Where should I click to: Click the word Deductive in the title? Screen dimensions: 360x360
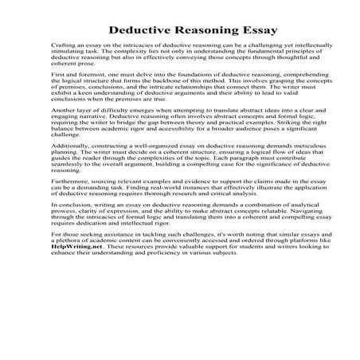[143, 31]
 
